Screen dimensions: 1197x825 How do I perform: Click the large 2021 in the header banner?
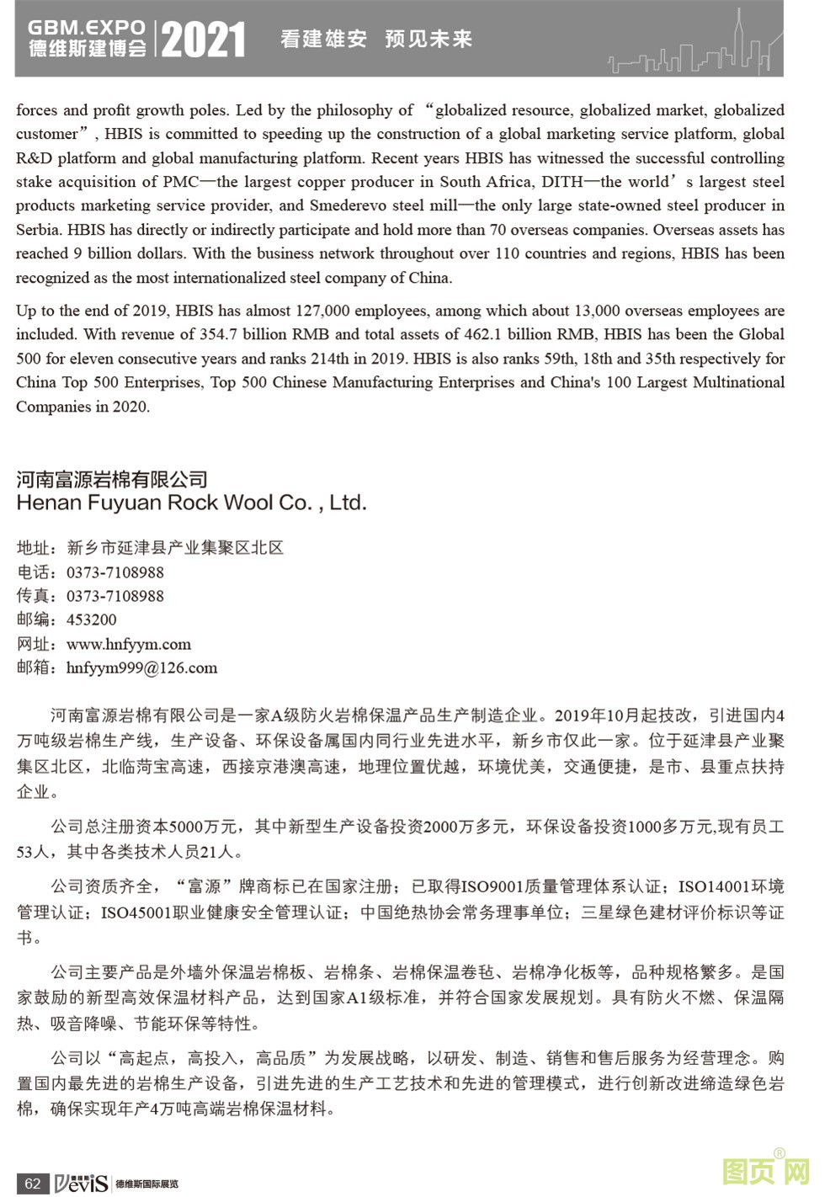click(x=203, y=40)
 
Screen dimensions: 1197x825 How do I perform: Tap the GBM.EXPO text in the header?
click(x=87, y=28)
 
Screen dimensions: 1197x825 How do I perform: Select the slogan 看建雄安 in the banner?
click(x=324, y=39)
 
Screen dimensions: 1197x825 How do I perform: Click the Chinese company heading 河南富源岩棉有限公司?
click(x=112, y=480)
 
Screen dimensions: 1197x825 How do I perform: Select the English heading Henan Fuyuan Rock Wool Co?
click(x=191, y=503)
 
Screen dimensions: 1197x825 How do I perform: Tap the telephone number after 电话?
click(x=115, y=572)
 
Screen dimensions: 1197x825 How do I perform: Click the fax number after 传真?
click(x=115, y=596)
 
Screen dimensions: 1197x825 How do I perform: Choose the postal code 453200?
click(x=92, y=620)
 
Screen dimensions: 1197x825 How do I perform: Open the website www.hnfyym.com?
click(x=129, y=644)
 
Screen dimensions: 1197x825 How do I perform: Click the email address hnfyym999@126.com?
click(x=141, y=668)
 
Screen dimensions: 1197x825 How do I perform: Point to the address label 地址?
click(x=34, y=548)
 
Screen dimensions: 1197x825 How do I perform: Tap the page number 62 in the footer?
click(x=32, y=1183)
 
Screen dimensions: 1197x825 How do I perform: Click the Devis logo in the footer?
click(x=82, y=1183)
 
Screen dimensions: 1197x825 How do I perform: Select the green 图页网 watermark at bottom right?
click(x=766, y=1171)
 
